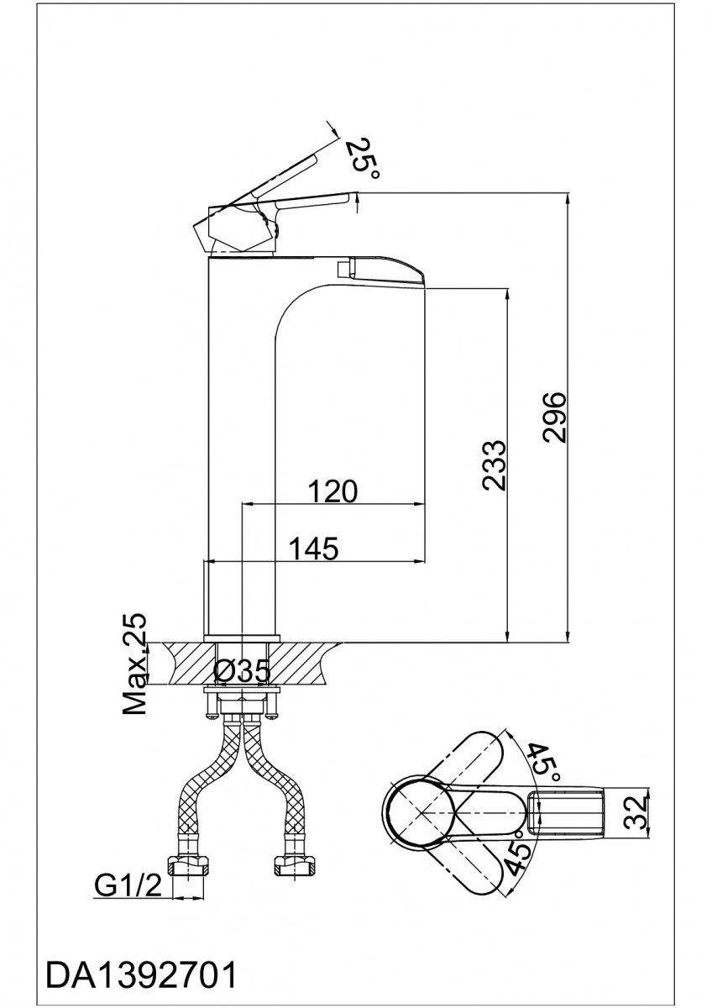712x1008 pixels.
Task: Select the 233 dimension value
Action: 495,463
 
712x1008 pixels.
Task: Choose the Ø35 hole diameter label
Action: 241,670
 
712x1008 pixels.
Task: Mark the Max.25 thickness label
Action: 135,664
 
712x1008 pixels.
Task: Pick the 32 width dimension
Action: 639,811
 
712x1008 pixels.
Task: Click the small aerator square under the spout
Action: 343,268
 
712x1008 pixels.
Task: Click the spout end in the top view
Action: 571,811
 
